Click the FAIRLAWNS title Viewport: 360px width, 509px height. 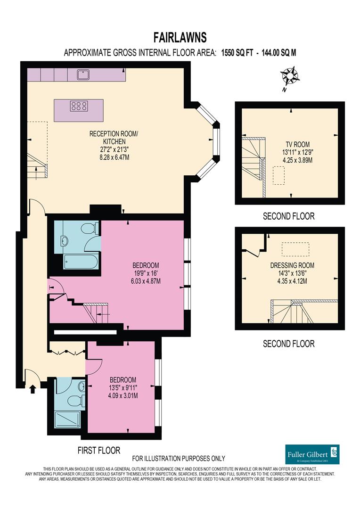pos(180,37)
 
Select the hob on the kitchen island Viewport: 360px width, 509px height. pos(79,106)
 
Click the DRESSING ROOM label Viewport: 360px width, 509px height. pos(292,265)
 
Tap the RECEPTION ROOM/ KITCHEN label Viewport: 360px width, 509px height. pos(114,137)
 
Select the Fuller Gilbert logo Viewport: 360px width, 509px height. pos(312,454)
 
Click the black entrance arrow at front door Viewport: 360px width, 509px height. pos(33,389)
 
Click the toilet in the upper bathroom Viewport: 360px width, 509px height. pos(88,229)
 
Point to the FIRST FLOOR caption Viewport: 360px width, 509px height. pos(99,450)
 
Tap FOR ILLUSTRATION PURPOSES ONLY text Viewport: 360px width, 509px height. pos(179,458)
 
